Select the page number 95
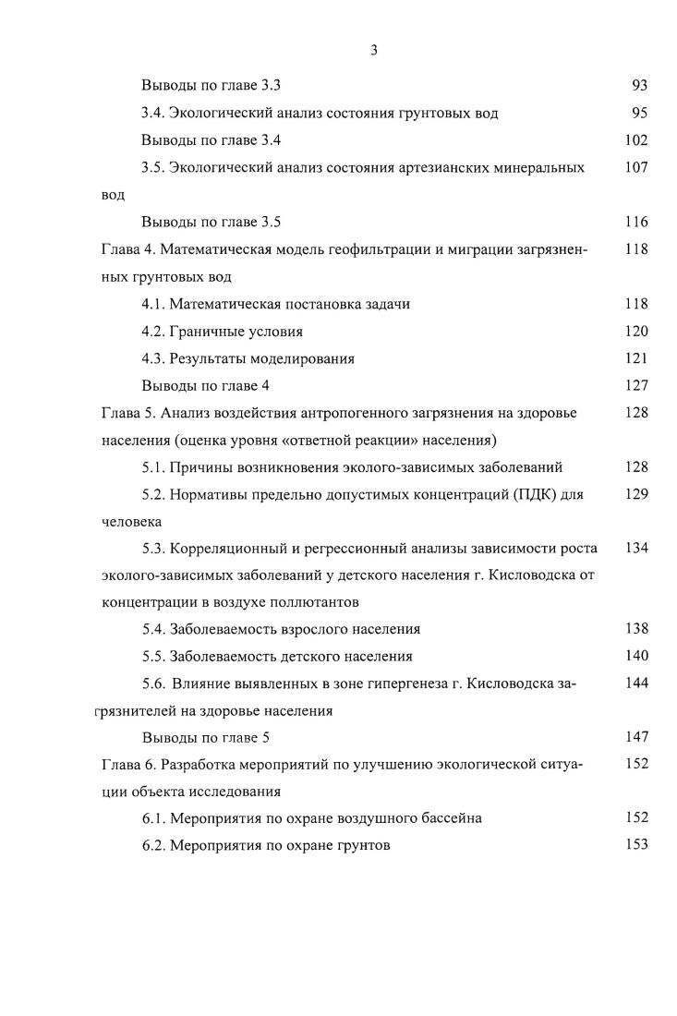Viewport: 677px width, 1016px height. tap(639, 114)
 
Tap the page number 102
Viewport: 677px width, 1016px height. tap(636, 140)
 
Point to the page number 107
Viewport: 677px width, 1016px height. tap(636, 168)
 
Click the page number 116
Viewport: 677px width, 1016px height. tap(636, 222)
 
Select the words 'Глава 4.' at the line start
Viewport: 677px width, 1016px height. tap(127, 248)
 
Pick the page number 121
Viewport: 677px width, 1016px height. tap(636, 358)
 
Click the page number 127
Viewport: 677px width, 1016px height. tap(636, 385)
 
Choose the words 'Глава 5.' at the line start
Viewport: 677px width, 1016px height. tap(127, 412)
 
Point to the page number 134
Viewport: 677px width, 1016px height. tap(636, 549)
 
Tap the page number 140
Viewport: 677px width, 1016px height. tap(636, 657)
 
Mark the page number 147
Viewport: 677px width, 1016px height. tap(636, 737)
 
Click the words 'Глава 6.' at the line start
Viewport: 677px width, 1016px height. tap(127, 765)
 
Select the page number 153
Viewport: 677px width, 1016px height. tap(636, 844)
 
